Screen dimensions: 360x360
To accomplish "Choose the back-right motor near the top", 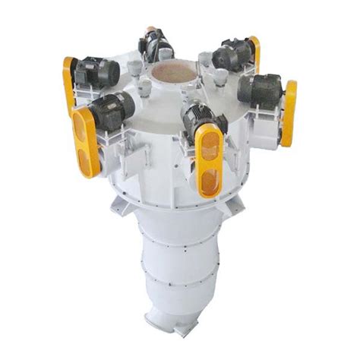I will [231, 57].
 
